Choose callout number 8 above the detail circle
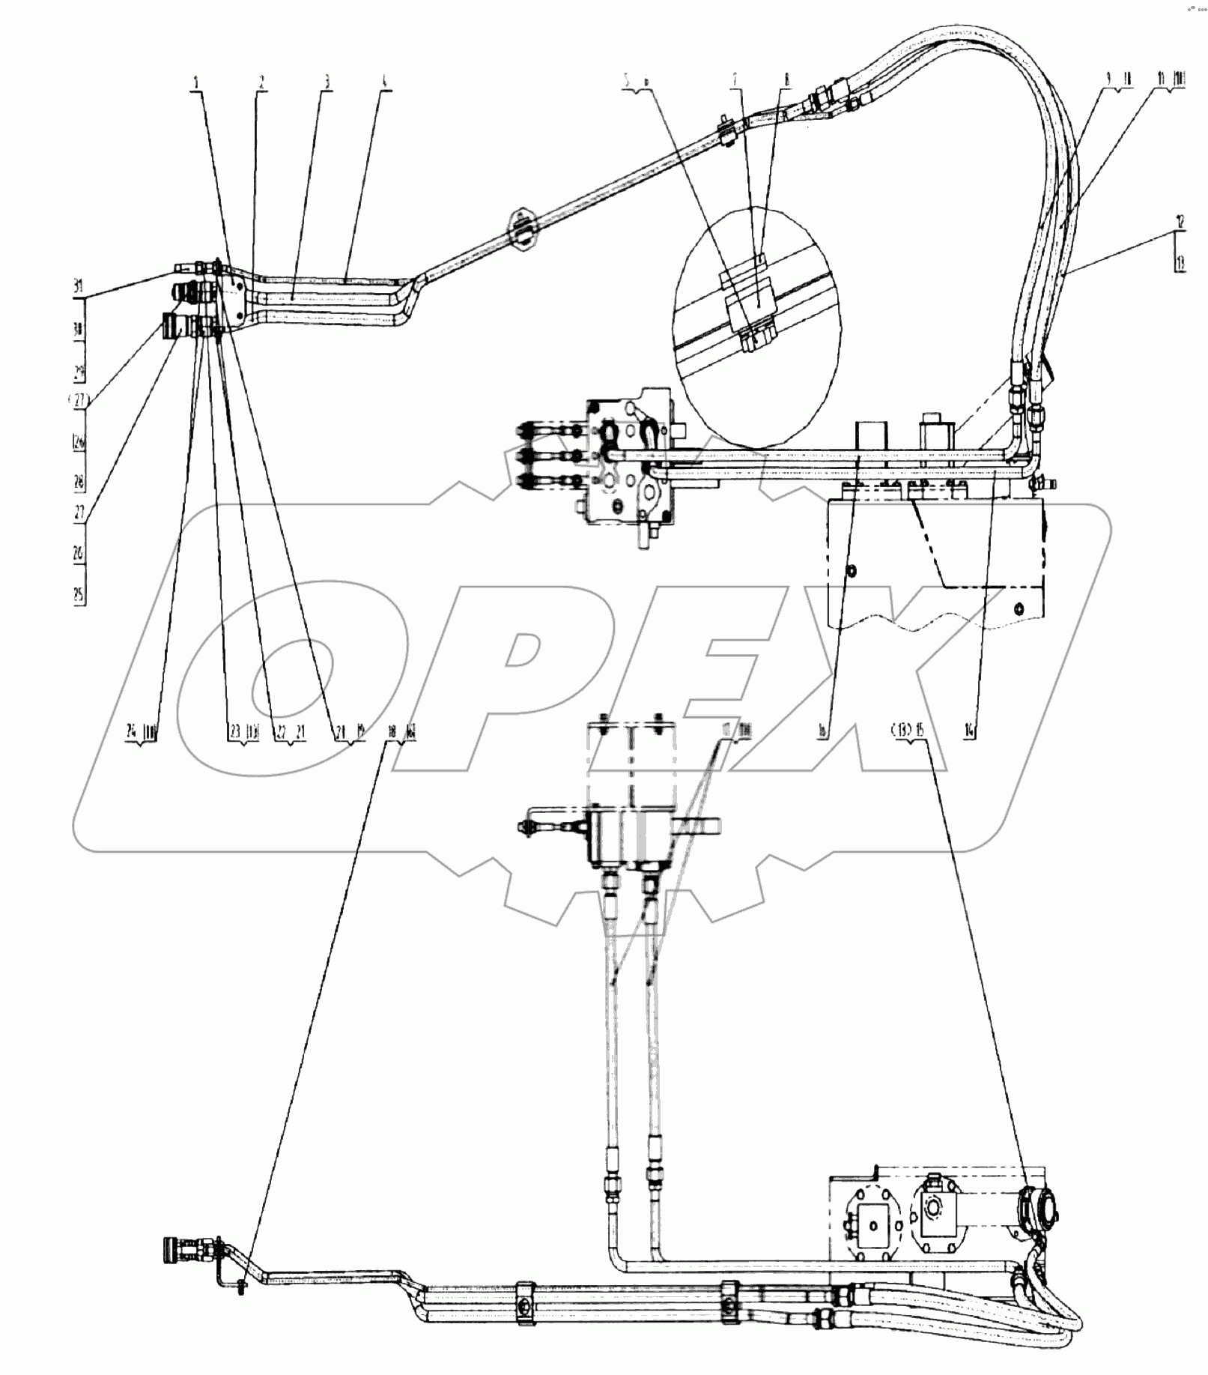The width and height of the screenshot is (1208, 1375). coord(787,78)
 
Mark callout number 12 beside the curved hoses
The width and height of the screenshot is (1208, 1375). coord(1180,222)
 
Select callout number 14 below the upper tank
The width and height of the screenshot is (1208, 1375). coord(970,732)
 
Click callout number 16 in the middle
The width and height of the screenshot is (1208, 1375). coord(822,732)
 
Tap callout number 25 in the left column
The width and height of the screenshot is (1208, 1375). coord(79,595)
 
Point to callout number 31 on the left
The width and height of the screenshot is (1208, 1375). coord(78,286)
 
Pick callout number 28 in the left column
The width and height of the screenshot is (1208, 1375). coord(79,481)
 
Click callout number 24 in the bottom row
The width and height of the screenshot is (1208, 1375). coord(131,732)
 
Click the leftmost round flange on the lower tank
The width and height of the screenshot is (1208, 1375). coord(872,1226)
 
